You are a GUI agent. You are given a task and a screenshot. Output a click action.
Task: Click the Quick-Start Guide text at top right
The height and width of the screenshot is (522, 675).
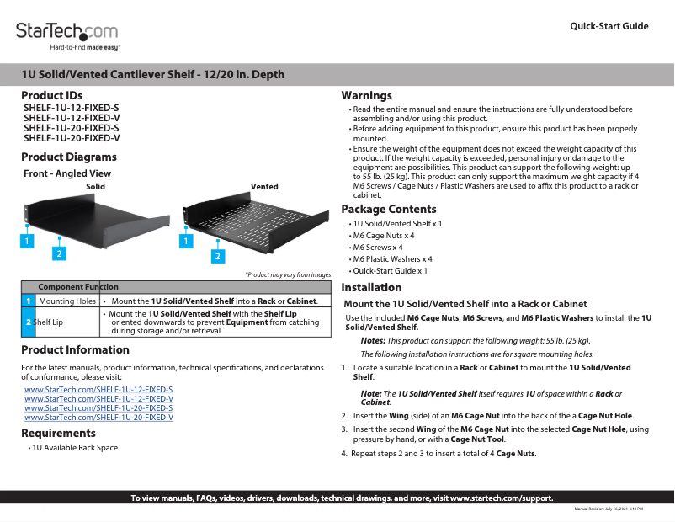(x=609, y=26)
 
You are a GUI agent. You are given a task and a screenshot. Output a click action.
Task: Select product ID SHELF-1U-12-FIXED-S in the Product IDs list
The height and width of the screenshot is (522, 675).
(x=72, y=109)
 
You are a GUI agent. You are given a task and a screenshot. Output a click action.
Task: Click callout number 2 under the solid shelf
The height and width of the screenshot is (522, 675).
(x=59, y=253)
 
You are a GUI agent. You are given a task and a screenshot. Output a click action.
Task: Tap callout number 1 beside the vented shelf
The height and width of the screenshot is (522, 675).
(x=183, y=241)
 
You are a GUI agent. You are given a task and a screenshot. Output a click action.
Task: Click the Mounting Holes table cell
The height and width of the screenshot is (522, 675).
(x=67, y=301)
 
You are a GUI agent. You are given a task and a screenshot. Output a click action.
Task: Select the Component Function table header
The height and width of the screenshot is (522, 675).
(x=78, y=287)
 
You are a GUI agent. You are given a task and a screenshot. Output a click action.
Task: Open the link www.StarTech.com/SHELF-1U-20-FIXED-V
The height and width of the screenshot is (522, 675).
(x=99, y=417)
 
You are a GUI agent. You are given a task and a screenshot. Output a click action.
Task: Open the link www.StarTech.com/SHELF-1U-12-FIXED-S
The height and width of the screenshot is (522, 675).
(x=98, y=390)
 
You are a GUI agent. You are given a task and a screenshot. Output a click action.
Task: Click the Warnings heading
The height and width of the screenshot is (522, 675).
(x=366, y=95)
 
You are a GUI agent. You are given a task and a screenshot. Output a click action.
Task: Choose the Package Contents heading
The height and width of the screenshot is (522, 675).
(x=388, y=209)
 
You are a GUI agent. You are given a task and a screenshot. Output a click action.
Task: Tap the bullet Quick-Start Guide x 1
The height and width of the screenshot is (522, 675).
(x=391, y=271)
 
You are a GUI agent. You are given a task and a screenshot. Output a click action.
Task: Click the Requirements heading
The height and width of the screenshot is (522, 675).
(x=57, y=433)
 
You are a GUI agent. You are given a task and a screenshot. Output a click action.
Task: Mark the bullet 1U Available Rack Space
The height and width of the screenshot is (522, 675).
(x=75, y=448)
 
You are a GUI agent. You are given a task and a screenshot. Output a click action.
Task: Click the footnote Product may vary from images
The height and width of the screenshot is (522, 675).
(x=288, y=274)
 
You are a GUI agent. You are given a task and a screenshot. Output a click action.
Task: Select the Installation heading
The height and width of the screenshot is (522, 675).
(x=371, y=287)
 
